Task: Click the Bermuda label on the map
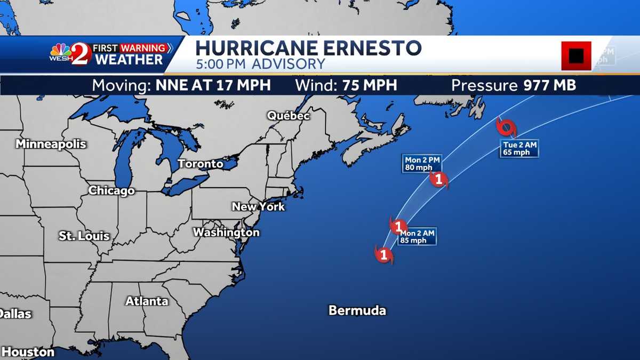click(x=357, y=310)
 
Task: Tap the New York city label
click(x=258, y=206)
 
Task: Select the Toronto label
click(x=201, y=164)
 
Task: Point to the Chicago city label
click(x=111, y=190)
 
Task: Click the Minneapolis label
click(x=51, y=144)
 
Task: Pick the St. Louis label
click(x=84, y=236)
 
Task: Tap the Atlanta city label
click(x=147, y=301)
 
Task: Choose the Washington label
click(x=226, y=233)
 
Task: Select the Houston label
click(x=28, y=352)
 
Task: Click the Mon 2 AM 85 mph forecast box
click(x=418, y=236)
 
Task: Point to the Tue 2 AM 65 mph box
click(x=519, y=149)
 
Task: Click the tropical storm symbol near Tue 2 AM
click(x=506, y=128)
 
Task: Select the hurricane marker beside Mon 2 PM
click(x=439, y=180)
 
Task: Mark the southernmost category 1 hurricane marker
click(x=383, y=254)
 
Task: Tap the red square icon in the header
click(x=576, y=55)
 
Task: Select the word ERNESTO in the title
click(x=367, y=48)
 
